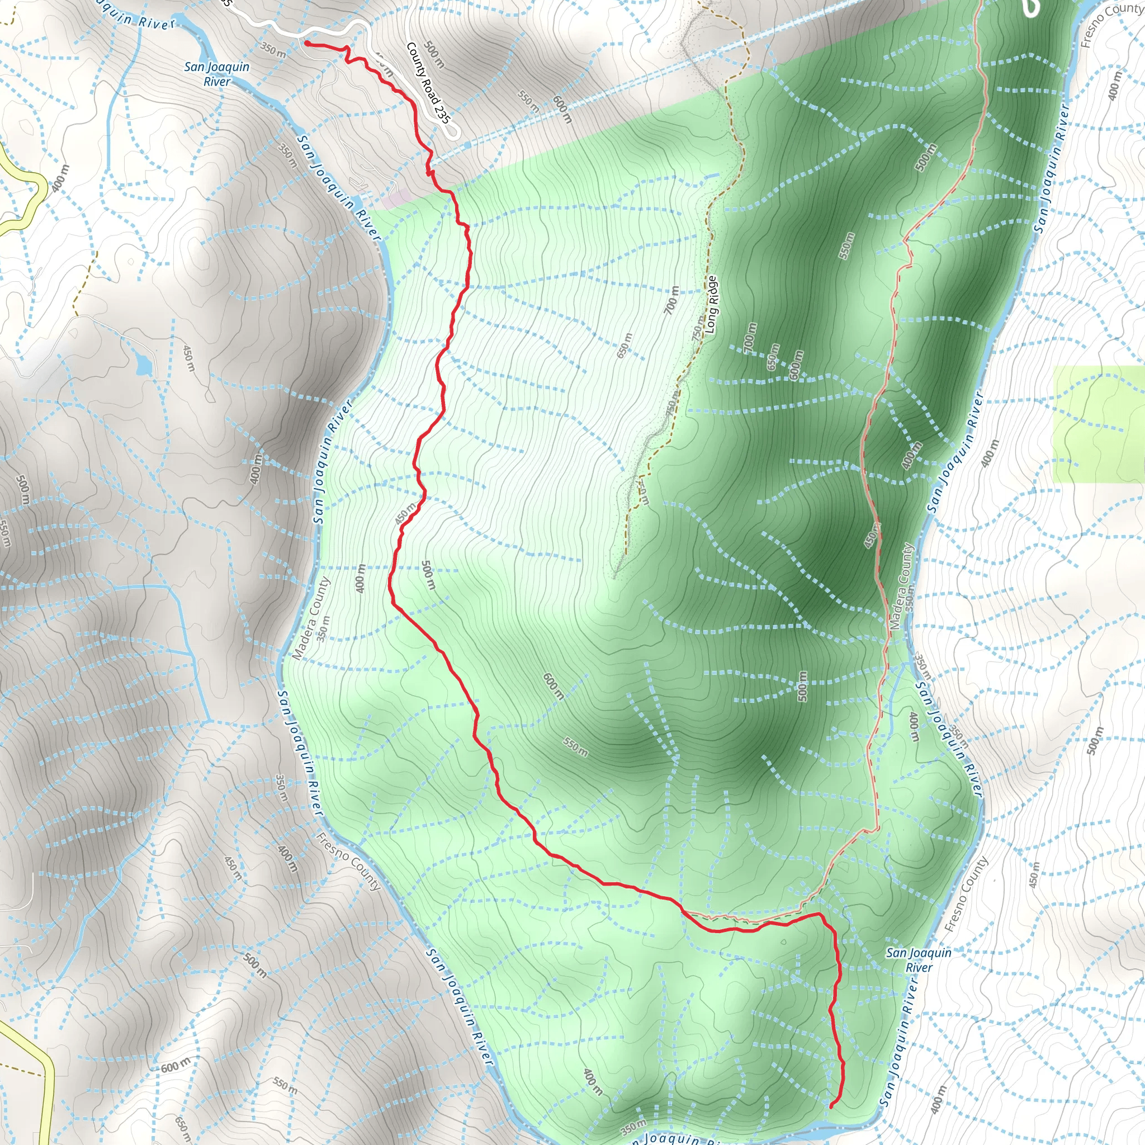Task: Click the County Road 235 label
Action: point(428,82)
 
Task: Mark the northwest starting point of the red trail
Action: point(307,42)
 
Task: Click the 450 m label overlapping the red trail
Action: point(406,513)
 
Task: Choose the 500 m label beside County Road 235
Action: point(434,55)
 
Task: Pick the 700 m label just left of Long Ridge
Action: point(671,299)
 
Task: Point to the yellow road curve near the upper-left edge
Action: point(39,190)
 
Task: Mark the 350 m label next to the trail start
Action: point(273,50)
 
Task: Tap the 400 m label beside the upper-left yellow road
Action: point(60,178)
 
